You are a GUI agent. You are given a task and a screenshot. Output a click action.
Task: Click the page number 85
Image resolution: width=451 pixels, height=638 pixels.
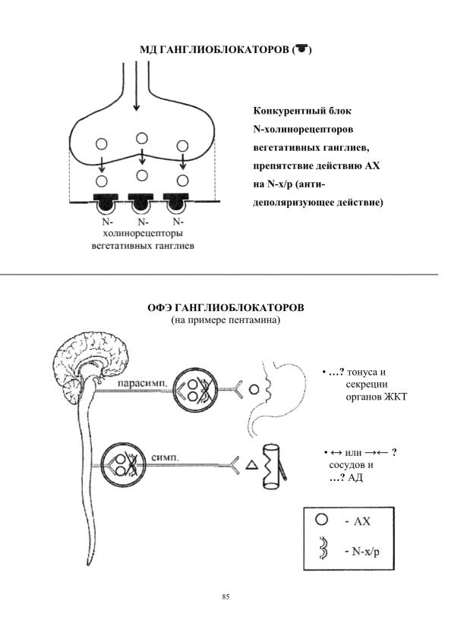point(225,596)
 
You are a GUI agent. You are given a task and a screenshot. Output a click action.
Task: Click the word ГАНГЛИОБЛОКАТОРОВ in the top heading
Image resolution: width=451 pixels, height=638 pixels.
point(224,49)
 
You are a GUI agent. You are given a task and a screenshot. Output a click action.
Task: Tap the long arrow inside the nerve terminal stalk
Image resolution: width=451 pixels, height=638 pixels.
point(137,86)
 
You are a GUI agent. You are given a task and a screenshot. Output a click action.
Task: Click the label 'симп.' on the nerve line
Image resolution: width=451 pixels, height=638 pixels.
point(165,457)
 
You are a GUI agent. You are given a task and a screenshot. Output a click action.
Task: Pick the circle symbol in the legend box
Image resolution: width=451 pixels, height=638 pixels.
point(321,520)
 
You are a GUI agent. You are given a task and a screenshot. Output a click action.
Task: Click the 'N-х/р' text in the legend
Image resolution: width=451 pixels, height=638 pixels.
point(365,552)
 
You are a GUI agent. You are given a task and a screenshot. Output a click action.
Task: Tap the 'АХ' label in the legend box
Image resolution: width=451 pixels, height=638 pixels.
point(361,521)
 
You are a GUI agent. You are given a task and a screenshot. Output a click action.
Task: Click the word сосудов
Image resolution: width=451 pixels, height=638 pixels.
point(346,465)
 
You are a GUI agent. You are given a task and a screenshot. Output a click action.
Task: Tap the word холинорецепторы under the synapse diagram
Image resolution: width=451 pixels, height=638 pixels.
point(143,234)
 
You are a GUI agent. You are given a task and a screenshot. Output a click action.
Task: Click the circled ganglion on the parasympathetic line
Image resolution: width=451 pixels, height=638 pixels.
point(195,389)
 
